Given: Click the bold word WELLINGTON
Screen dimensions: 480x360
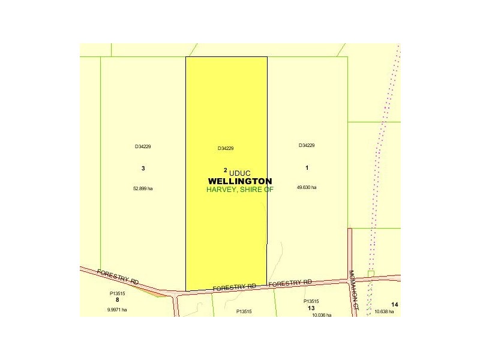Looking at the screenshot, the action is point(239,181).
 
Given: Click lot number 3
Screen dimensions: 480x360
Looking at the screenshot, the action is point(143,169).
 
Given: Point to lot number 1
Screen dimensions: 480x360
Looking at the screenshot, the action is point(307,167).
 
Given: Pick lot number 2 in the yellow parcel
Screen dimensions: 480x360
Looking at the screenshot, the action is point(225,170).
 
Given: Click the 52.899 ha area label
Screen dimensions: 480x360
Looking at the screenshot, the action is point(143,188).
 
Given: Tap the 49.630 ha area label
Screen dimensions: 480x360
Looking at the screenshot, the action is point(307,187).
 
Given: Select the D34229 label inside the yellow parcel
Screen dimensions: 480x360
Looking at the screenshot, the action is point(226,149).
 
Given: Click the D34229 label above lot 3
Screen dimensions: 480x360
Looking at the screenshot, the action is point(143,146).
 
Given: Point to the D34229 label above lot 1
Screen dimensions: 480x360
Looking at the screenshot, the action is point(307,145).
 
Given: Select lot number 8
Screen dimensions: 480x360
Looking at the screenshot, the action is point(117,299).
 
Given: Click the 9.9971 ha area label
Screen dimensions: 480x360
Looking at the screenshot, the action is point(117,310).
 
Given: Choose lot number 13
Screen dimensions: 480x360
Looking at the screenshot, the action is point(311,308).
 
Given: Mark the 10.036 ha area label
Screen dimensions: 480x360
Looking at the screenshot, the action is point(322,314).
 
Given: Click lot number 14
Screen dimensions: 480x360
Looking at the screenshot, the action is point(394,305).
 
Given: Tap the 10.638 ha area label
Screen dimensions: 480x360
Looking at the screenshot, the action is point(384,311).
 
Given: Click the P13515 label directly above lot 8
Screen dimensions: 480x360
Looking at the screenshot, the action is point(117,293).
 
